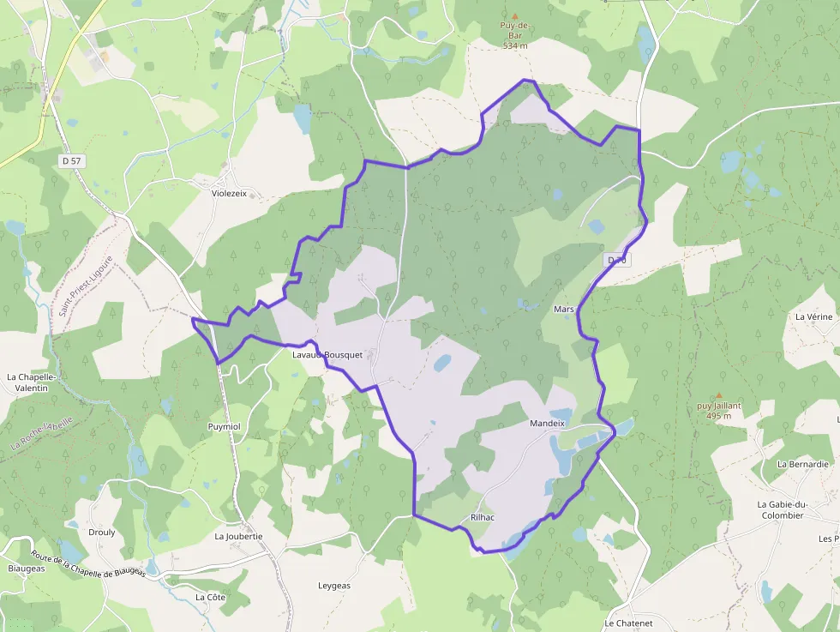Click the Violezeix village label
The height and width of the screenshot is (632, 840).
[x=229, y=193]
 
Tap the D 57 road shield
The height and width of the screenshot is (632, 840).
[x=72, y=160]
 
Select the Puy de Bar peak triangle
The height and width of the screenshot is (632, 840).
[x=515, y=15]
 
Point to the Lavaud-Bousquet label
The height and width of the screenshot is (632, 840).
[x=327, y=354]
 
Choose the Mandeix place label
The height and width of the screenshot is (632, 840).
[x=548, y=423]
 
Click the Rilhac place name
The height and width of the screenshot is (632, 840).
[x=483, y=517]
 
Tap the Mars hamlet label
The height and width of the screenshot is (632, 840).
[x=563, y=309]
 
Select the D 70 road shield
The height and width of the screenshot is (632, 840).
[x=617, y=260]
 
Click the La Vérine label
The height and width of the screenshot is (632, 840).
[x=813, y=316]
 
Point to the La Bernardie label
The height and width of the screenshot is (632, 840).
[x=803, y=463]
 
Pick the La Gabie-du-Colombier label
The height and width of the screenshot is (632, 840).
[x=781, y=509]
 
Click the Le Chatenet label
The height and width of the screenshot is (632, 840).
[x=628, y=623]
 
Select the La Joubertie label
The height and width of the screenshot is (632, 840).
[x=238, y=536]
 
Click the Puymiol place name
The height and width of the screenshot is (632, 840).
[x=225, y=425]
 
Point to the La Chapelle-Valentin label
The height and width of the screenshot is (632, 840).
[x=31, y=382]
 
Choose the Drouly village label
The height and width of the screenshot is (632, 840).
[x=102, y=532]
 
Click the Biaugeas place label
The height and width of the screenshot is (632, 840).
[x=26, y=568]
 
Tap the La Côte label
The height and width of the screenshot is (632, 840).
[x=210, y=597]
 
